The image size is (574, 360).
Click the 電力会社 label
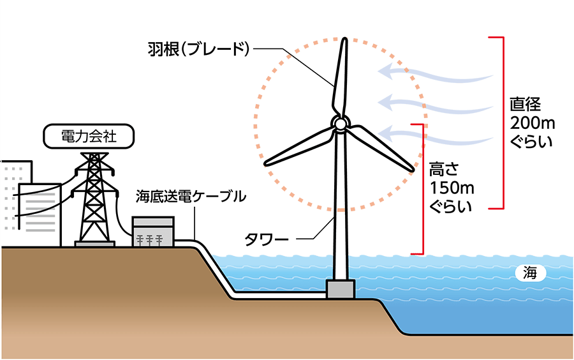pos(89,137)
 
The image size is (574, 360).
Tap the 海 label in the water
pos(531,274)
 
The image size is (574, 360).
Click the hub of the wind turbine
pos(341,123)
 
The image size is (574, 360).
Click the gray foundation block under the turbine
pos(341,289)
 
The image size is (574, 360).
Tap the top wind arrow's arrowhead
pos(385,71)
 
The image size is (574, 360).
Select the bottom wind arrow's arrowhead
pos(385,133)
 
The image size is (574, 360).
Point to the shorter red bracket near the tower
pos(422,189)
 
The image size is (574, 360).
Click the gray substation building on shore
pos(153,232)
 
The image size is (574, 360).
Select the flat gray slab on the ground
pos(94,244)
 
